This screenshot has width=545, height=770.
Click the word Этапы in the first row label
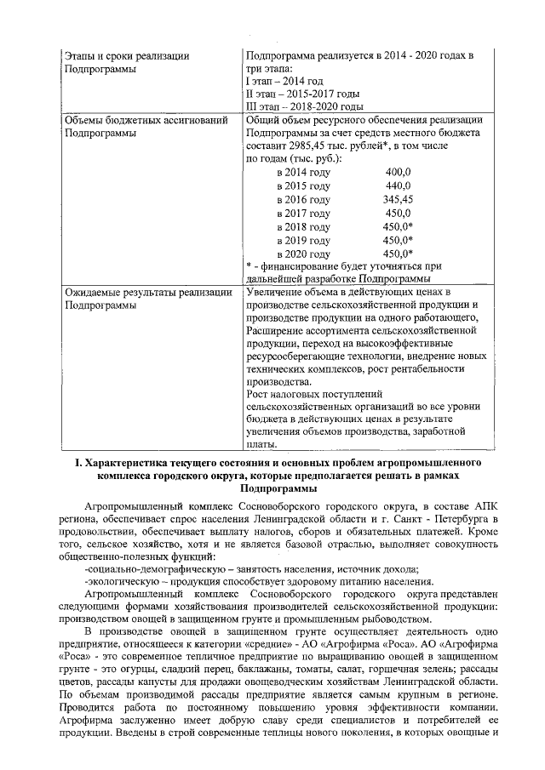point(82,56)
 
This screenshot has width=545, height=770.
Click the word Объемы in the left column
point(86,121)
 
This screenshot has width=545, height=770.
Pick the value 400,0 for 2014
point(398,173)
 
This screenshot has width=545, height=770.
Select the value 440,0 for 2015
point(398,185)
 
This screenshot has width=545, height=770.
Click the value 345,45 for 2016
point(398,199)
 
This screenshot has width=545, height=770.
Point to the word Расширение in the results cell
point(274,330)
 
